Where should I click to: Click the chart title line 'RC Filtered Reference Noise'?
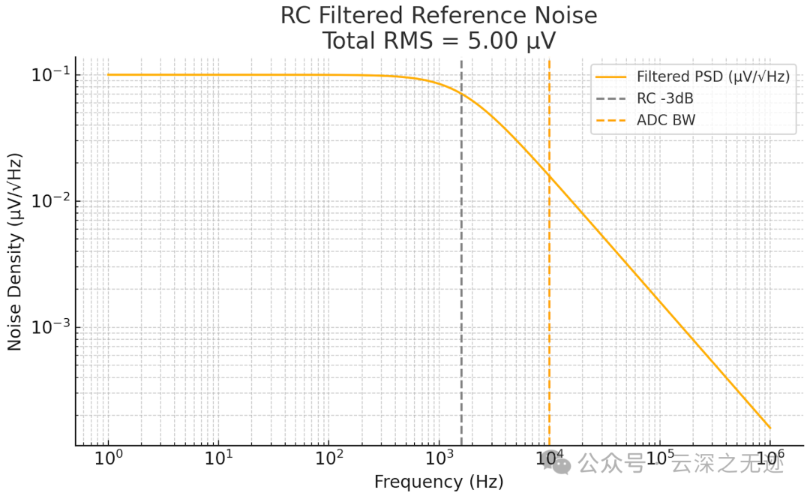click(x=439, y=15)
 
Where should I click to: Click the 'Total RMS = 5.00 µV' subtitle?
click(x=439, y=41)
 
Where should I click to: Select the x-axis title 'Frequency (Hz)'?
click(x=439, y=482)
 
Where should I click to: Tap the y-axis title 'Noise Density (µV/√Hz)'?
click(x=14, y=251)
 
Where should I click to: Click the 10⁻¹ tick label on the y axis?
click(x=49, y=75)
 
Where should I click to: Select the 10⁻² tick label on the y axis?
click(x=49, y=201)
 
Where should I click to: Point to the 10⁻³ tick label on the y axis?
click(x=49, y=327)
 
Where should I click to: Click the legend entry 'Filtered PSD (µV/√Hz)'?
click(x=712, y=77)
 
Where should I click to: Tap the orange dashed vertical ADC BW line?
click(x=549, y=300)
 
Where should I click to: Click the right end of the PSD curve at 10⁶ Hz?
click(x=769, y=428)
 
